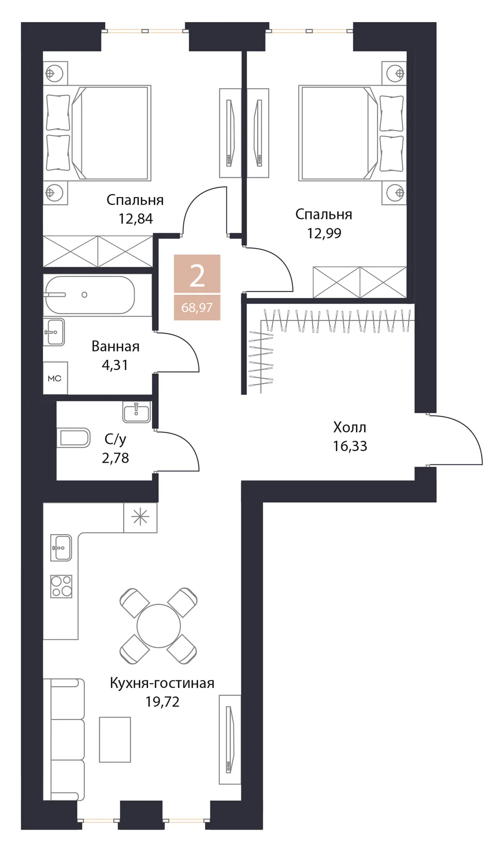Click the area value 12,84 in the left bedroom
coord(136,219)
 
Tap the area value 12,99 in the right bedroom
coord(324,233)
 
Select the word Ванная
coord(115,346)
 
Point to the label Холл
coord(350,427)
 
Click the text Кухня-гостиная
coord(162,683)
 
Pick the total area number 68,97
coord(197,308)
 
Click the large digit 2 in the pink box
coord(197,276)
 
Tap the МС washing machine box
coord(55,378)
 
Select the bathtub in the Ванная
coord(89,295)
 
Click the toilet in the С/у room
coord(74,438)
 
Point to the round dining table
coord(159,626)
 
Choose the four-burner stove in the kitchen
coord(61,586)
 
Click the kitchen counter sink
coord(61,548)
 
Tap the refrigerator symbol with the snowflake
coord(140,517)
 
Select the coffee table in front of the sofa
coord(115,739)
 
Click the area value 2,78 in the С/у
coord(115,458)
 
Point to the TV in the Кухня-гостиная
coord(229,739)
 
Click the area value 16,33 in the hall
coord(350,446)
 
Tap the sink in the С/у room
coord(137,412)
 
